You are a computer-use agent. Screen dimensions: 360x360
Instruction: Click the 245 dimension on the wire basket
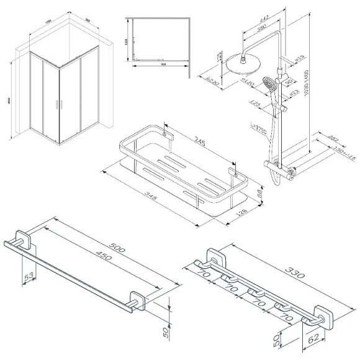[x=200, y=143]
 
